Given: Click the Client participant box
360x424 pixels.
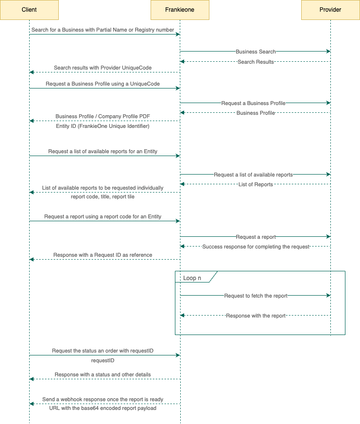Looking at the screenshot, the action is tap(29, 10).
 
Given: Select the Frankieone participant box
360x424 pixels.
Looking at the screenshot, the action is tap(180, 10).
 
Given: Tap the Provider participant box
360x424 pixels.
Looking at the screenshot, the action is tap(330, 10).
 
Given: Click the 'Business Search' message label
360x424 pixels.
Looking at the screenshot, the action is tap(256, 52).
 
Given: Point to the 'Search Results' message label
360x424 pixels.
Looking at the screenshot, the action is tap(256, 62).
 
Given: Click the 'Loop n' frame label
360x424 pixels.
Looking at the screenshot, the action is tap(192, 278).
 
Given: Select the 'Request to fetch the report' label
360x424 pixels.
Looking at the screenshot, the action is tap(256, 296).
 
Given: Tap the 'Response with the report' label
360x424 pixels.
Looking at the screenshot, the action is tap(256, 316).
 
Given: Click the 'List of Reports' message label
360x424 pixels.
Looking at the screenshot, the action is tap(256, 184).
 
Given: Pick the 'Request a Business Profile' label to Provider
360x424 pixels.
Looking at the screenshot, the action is tap(253, 103).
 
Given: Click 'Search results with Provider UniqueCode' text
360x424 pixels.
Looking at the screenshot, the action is tap(103, 68).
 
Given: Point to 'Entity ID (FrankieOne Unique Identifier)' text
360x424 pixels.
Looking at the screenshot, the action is tap(103, 126).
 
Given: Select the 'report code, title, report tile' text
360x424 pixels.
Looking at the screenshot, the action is tap(103, 196).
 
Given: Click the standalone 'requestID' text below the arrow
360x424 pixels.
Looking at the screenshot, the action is tap(103, 360).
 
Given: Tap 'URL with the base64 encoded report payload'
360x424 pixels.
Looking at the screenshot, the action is tap(103, 408).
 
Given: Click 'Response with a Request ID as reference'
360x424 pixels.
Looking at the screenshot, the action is tap(103, 255).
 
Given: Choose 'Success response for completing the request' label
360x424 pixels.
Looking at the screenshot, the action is tap(256, 247).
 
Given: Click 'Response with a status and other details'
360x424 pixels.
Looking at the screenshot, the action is tap(103, 374).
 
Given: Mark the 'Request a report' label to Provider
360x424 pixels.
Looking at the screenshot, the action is tap(256, 237).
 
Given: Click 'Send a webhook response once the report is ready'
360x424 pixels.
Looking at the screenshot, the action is tap(103, 399).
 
